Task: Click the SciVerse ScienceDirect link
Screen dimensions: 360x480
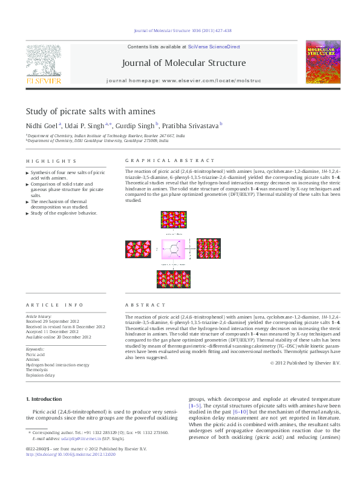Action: tap(214, 47)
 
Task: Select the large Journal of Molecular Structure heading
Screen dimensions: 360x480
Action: tap(184, 63)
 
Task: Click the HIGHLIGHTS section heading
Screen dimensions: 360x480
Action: tap(51, 161)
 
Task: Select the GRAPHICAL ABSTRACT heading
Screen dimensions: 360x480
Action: tap(169, 161)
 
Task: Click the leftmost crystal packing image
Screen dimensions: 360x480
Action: tap(138, 249)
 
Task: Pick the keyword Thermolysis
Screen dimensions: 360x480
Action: tap(37, 370)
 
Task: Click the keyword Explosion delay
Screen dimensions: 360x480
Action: tap(40, 375)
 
